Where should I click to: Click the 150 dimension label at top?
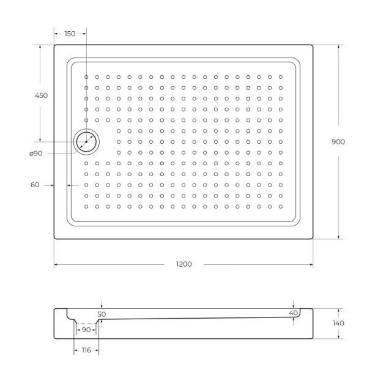(70, 34)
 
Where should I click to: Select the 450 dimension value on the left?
(41, 95)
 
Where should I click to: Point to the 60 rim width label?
(34, 185)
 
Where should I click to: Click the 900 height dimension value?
(338, 141)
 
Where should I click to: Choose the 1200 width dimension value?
(184, 264)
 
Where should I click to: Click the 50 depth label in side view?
(102, 314)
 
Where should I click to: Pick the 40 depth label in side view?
(294, 313)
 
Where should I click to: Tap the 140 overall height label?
(338, 323)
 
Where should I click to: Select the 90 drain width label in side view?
(86, 330)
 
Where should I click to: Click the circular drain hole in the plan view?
(86, 142)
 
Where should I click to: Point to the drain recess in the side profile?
(86, 319)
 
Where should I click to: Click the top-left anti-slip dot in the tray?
(87, 77)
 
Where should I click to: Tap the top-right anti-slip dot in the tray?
(281, 77)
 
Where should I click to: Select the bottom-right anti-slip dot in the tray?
(281, 207)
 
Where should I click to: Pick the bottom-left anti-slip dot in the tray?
(87, 207)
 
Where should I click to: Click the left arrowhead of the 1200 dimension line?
(56, 265)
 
